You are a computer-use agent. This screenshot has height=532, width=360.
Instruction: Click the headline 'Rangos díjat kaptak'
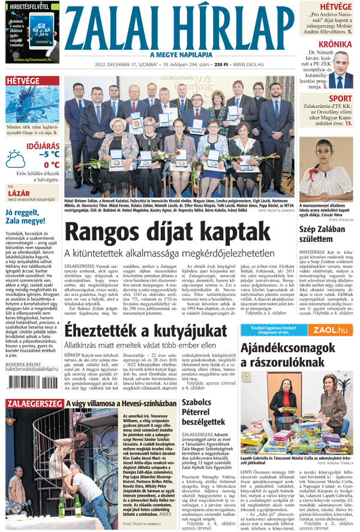(x=149, y=234)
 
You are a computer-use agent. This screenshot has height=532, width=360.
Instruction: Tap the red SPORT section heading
(x=340, y=98)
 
